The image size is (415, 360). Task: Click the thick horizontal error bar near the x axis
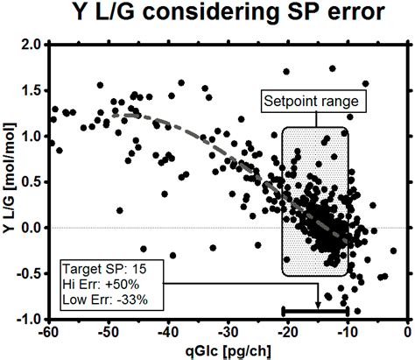click(x=315, y=310)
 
